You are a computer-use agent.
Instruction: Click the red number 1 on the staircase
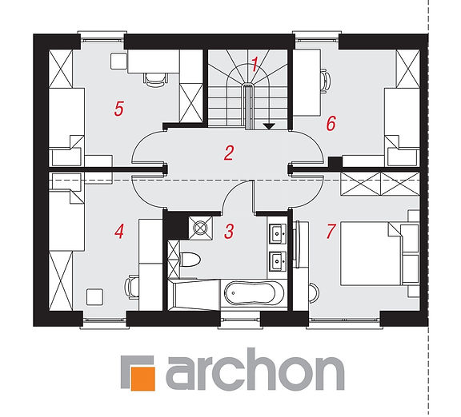click(255, 64)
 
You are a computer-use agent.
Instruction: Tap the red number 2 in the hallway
click(229, 153)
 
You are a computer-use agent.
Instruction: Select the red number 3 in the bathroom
click(229, 231)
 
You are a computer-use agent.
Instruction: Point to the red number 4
click(119, 231)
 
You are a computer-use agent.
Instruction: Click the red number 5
click(119, 109)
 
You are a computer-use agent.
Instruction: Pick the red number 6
click(331, 123)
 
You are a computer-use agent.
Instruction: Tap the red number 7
click(331, 231)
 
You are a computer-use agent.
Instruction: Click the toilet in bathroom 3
click(190, 260)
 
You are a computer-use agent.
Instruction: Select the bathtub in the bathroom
click(254, 293)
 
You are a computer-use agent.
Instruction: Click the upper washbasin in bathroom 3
click(277, 233)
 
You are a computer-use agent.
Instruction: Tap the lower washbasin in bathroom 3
click(277, 260)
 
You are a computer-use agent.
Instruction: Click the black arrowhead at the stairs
click(269, 126)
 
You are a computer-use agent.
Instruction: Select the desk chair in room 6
click(325, 81)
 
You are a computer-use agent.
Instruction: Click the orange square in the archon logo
click(143, 379)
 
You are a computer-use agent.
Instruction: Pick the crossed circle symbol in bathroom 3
click(201, 228)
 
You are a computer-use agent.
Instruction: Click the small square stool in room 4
click(94, 296)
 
